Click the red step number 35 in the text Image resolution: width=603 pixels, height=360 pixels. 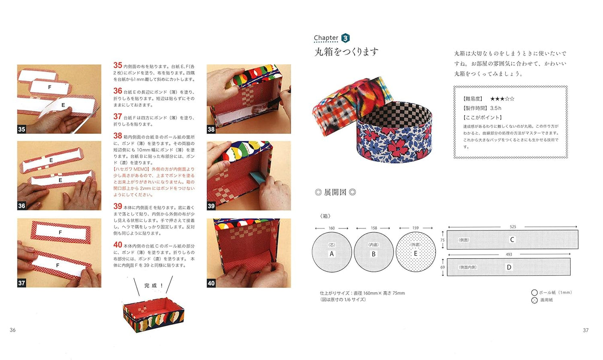[x=118, y=66]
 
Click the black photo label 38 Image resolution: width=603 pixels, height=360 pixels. [x=211, y=129]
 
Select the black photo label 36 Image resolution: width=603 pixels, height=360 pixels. [x=22, y=206]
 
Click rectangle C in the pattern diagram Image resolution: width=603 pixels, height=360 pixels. [x=512, y=240]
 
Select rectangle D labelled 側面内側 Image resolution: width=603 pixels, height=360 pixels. [x=509, y=267]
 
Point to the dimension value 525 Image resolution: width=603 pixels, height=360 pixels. [x=513, y=227]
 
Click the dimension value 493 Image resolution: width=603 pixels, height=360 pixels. [x=509, y=255]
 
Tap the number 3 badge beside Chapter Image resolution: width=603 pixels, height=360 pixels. [x=345, y=38]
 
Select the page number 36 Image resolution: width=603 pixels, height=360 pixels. [x=13, y=330]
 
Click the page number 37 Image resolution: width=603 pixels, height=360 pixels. [x=586, y=330]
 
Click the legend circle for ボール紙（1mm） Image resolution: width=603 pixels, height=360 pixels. [x=534, y=293]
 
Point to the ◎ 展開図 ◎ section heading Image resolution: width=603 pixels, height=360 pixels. [x=335, y=192]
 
